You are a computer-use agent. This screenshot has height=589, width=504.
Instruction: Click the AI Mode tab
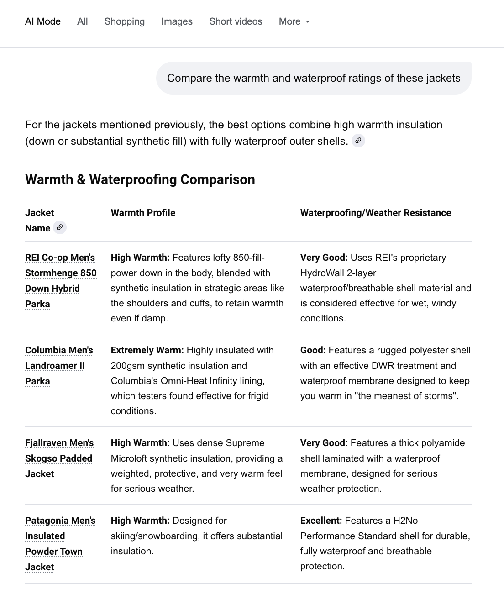point(43,21)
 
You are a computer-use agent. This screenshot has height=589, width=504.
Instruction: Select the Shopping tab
point(124,21)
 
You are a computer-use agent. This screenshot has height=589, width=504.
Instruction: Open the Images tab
point(177,21)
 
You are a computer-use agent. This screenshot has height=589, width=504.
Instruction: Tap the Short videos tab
point(236,21)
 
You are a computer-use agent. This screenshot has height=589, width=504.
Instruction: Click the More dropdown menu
point(294,21)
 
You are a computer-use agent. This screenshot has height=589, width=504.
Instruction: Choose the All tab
point(83,21)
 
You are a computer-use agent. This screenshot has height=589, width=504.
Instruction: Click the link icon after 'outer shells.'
point(359,141)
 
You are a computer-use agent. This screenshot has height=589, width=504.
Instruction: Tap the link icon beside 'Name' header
point(60,227)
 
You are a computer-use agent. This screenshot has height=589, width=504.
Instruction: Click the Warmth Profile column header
point(143,213)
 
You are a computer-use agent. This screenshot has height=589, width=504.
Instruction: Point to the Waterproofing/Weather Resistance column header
point(375,213)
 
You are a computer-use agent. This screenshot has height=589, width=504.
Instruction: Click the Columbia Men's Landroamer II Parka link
point(59,365)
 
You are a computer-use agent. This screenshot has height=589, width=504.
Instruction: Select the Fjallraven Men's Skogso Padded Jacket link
point(59,458)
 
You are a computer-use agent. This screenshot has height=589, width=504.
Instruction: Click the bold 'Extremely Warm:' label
point(147,350)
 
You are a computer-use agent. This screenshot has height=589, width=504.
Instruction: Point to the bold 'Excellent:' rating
point(321,521)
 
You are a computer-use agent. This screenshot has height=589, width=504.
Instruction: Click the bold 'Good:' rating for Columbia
point(313,350)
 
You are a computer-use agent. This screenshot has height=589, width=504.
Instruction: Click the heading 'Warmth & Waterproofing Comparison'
point(140,179)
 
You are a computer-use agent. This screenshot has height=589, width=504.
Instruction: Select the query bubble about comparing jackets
point(314,78)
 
